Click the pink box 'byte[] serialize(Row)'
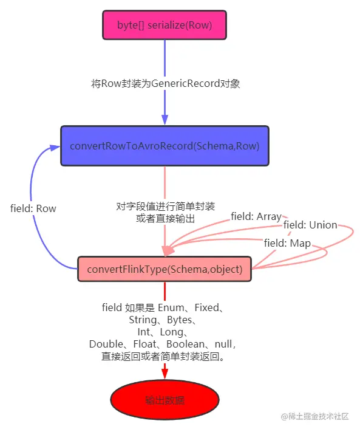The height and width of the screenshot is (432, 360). click(165, 25)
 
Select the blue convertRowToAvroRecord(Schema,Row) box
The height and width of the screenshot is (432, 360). click(165, 146)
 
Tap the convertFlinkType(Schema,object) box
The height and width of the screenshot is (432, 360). click(165, 269)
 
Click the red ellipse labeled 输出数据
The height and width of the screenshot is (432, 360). click(165, 399)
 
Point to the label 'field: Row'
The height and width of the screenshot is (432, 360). click(33, 208)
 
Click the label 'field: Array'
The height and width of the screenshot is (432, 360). click(256, 216)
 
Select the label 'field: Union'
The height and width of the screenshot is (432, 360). click(310, 225)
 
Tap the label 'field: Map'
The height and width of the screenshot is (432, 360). click(287, 243)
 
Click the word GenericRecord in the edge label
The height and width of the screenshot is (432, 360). click(186, 83)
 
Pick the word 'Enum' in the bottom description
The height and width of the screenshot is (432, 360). click(171, 307)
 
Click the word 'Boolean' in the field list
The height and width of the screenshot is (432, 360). click(186, 344)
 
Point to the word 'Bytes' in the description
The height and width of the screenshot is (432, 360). click(180, 320)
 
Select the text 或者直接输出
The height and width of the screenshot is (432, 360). click(165, 219)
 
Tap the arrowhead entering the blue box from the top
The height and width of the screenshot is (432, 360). click(165, 120)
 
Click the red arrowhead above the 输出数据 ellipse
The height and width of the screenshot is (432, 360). click(165, 374)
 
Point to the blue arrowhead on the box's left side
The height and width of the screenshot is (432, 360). click(55, 148)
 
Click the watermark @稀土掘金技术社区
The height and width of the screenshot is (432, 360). click(315, 416)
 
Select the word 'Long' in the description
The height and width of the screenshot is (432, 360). click(171, 332)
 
